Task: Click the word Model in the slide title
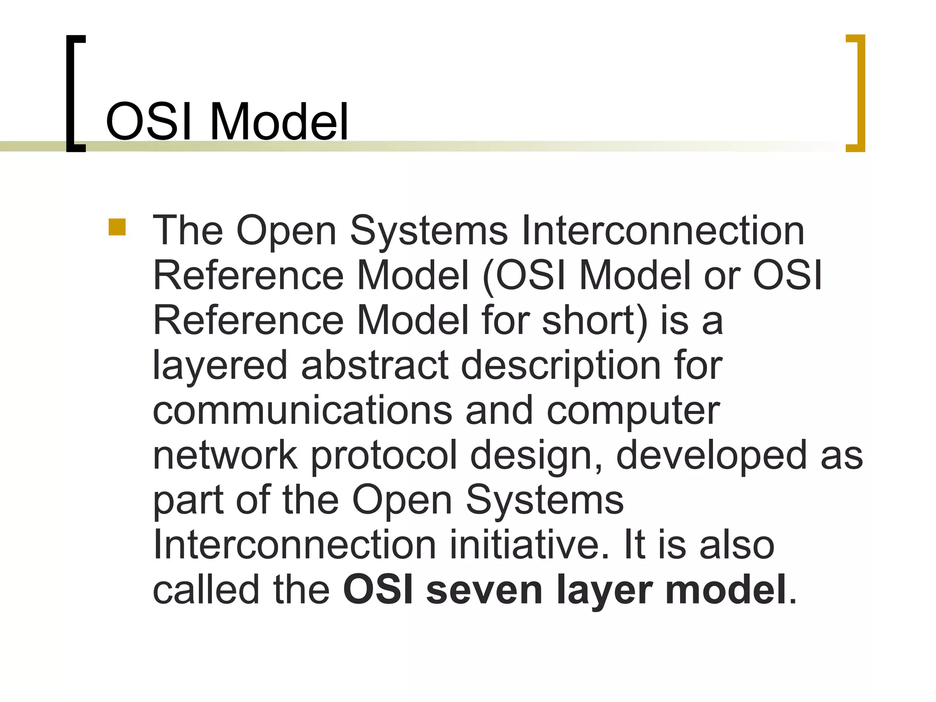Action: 279,122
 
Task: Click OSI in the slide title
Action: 151,122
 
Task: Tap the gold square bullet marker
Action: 117,228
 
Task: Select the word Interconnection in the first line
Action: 662,231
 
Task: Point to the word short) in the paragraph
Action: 595,320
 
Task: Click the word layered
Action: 220,366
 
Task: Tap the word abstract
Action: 375,366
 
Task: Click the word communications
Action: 302,410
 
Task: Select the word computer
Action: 633,410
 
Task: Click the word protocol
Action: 384,456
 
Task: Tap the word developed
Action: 711,456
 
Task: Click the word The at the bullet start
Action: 187,231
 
